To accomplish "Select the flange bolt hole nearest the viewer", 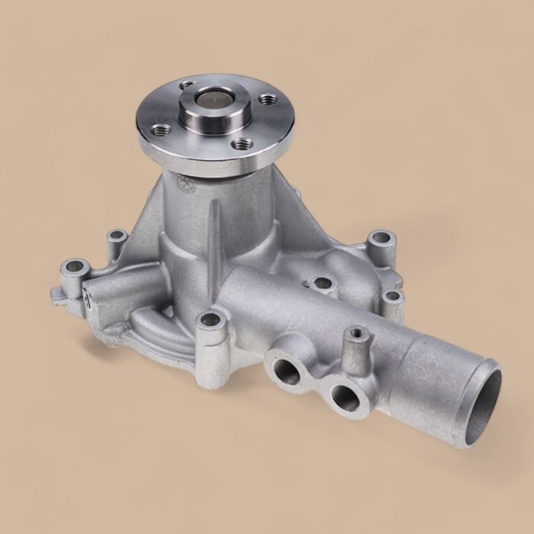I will tap(242, 143).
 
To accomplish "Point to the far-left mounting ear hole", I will tap(73, 268).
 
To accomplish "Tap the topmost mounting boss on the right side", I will tap(381, 240).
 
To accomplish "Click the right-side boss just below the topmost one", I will tap(392, 295).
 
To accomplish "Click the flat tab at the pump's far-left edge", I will tap(56, 291).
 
